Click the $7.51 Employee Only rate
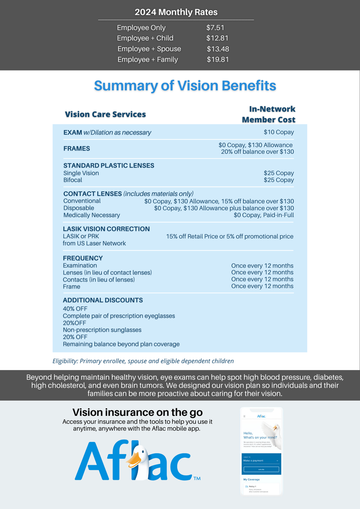(215, 28)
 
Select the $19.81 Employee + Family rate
(218, 59)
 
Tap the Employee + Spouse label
(149, 49)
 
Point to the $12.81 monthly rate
(217, 38)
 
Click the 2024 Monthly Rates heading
(176, 12)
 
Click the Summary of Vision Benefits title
(185, 86)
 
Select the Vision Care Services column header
(105, 114)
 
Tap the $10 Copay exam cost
(279, 132)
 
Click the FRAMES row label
(77, 148)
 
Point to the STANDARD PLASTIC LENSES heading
(109, 166)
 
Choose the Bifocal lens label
(73, 180)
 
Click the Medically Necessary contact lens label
(91, 215)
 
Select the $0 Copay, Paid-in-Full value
(264, 215)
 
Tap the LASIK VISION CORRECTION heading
(106, 229)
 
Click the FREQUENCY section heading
(83, 258)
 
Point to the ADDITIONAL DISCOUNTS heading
(103, 300)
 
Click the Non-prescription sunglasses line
(102, 330)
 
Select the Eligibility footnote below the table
(143, 361)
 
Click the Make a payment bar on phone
(261, 461)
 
